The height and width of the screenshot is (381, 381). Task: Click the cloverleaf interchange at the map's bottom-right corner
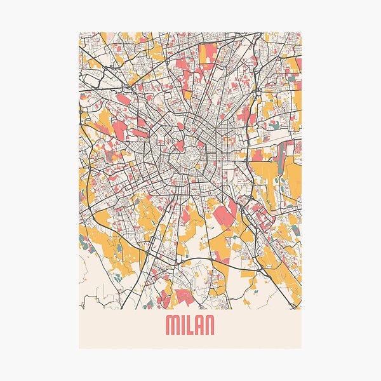[293, 298]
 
